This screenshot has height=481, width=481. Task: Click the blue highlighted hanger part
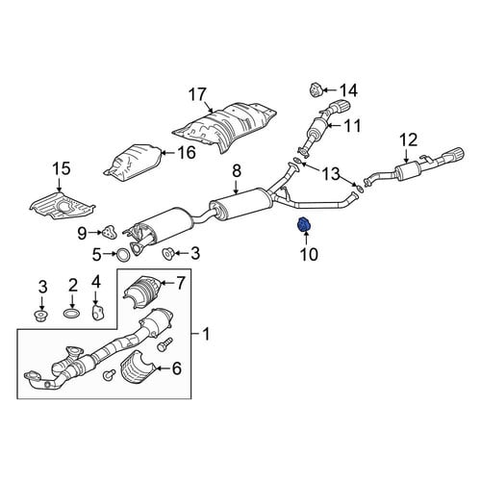(304, 225)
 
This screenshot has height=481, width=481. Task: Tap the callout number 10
(309, 254)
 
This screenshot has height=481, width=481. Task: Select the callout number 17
(197, 94)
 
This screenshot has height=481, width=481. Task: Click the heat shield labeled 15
(63, 206)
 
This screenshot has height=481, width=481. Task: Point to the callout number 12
(409, 140)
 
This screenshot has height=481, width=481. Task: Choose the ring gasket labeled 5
(122, 254)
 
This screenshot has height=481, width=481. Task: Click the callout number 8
(237, 171)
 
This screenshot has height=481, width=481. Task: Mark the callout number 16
(187, 153)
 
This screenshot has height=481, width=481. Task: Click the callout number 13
(331, 174)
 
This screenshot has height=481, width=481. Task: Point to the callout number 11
(352, 125)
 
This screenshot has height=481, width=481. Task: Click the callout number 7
(181, 283)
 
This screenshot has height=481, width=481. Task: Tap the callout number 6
(177, 368)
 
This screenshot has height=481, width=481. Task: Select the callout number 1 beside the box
(206, 334)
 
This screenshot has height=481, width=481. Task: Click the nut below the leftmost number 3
(40, 316)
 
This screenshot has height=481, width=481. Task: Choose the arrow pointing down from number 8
(237, 187)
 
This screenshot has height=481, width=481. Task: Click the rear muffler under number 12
(407, 171)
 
